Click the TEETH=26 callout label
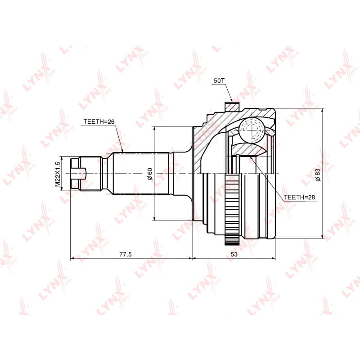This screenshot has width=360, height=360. point(99,121)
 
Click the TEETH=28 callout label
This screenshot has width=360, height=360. point(299,197)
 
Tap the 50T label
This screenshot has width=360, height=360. point(219,81)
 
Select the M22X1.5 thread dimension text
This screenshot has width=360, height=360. point(58,174)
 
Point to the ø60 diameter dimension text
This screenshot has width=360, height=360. point(150,174)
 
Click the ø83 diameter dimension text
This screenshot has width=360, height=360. point(318,175)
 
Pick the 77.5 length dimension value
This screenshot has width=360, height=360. point(126,254)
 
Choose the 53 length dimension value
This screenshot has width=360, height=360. point(234,254)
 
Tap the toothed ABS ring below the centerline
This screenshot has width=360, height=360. point(232,209)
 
